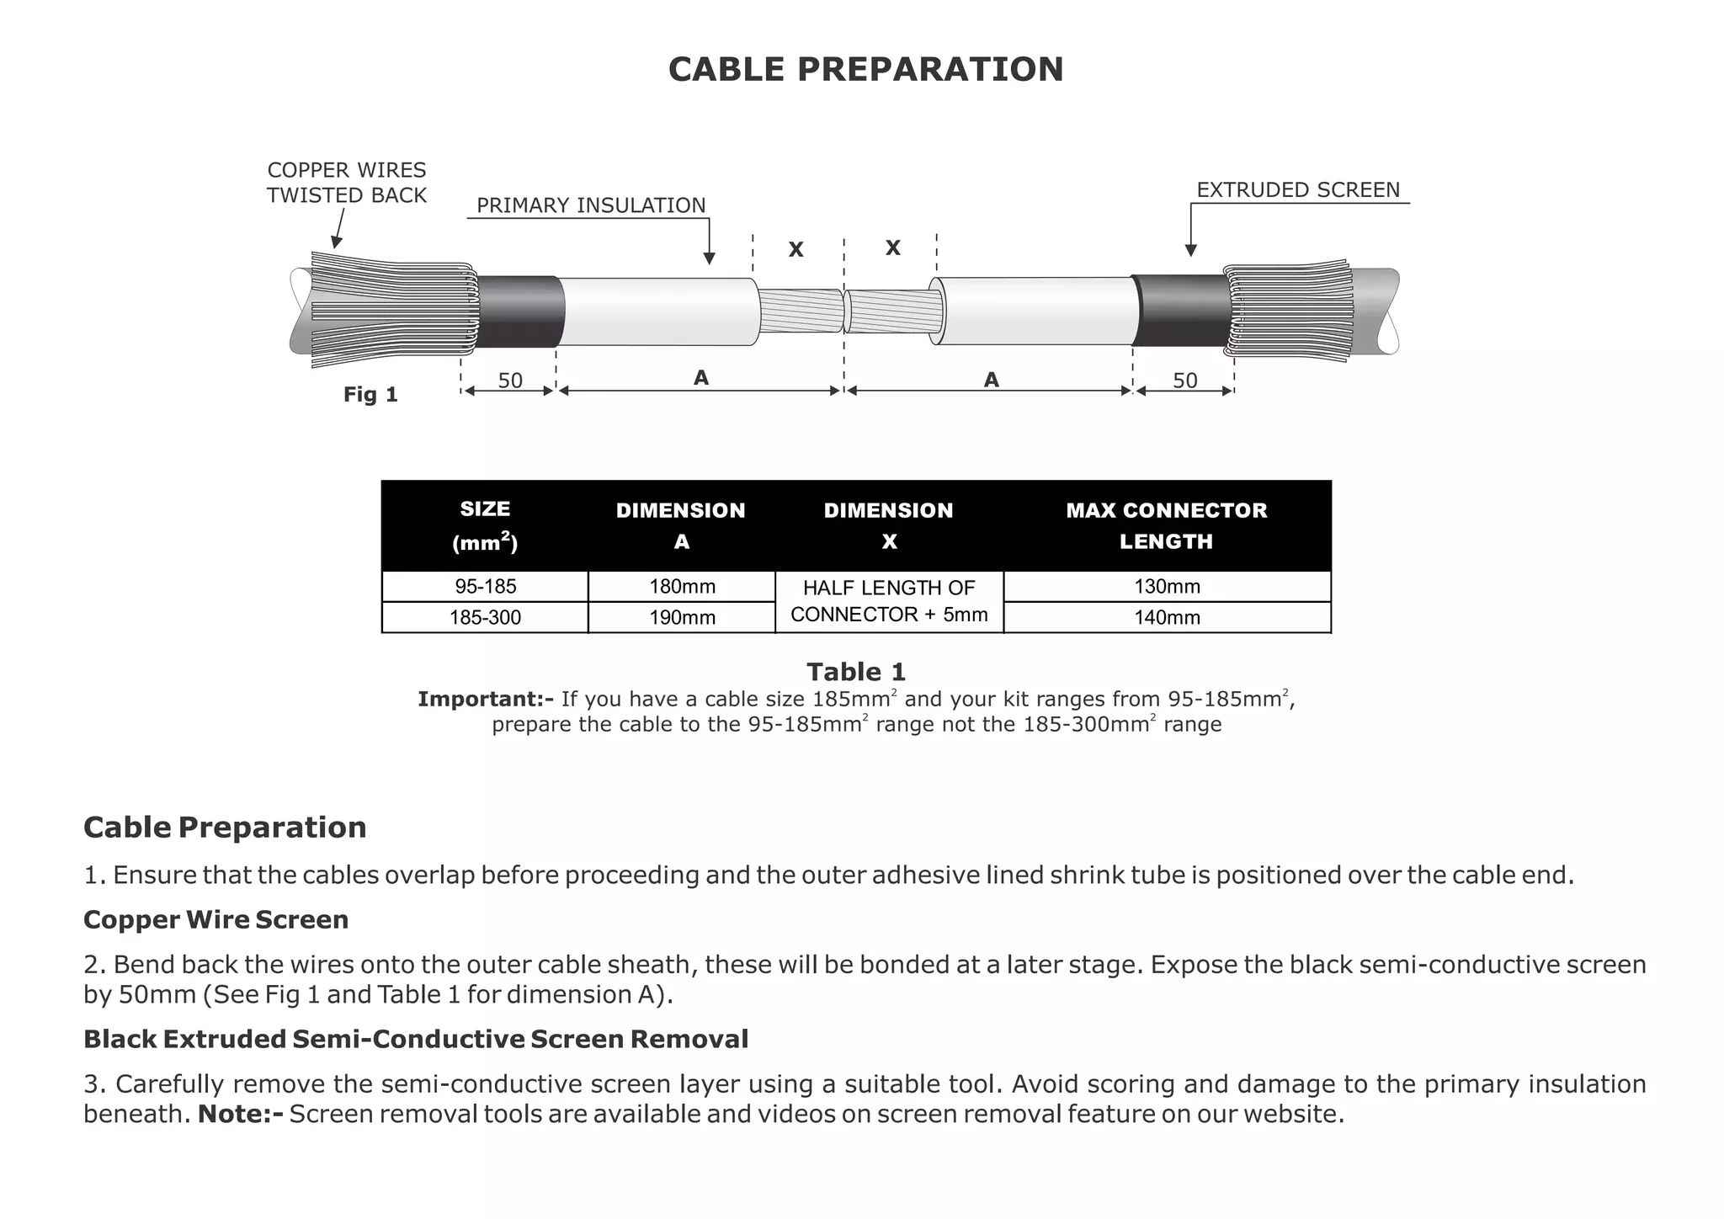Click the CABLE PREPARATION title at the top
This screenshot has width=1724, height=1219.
pos(865,69)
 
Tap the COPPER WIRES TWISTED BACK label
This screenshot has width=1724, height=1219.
pos(346,183)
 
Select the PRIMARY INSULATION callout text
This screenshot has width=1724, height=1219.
pos(591,205)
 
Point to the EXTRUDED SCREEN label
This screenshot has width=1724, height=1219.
pos(1297,190)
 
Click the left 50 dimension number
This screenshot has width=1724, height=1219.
pos(510,381)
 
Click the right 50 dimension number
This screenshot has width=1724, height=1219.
pos(1184,381)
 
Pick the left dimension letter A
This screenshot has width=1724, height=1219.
pos(700,379)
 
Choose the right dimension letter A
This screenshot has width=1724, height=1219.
pos(991,381)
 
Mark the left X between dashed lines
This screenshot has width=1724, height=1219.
pos(795,249)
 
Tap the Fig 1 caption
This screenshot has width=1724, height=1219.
pos(370,395)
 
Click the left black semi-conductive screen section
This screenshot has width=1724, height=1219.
pos(520,311)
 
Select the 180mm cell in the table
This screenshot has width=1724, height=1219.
pos(681,587)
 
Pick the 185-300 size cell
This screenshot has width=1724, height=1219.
pos(485,618)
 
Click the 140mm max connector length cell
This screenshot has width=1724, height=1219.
pos(1166,618)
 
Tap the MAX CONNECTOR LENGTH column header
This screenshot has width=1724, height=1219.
pos(1166,525)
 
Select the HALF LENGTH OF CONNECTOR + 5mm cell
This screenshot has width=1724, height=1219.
pos(889,601)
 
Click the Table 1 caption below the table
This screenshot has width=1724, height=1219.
pos(856,672)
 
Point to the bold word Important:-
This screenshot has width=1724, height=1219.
pos(486,700)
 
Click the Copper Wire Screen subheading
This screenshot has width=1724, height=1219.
pos(215,919)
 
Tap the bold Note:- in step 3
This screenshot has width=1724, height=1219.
pos(240,1115)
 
